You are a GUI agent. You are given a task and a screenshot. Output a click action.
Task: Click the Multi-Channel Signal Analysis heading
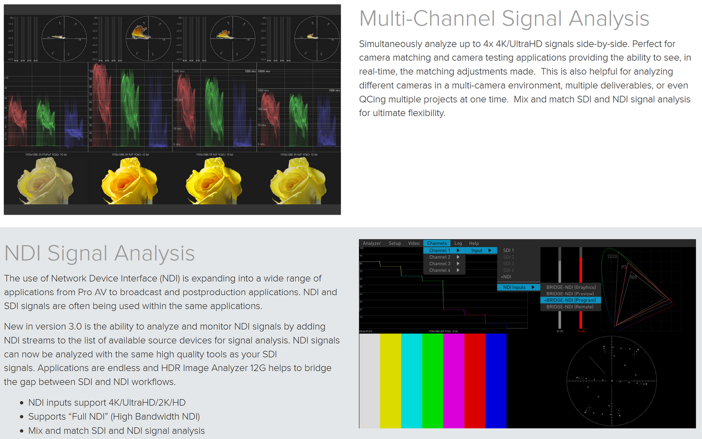coord(504,19)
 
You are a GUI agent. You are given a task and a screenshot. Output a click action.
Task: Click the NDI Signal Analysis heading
coord(99,253)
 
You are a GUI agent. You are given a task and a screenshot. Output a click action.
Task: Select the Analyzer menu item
coord(372,243)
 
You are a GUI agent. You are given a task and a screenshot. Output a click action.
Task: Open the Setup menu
coord(394,243)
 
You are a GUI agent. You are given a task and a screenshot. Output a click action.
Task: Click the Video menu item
coord(413,243)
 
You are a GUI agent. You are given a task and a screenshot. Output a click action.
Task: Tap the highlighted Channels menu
coord(437,243)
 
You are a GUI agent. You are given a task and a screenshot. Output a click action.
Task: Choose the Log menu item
coord(458,243)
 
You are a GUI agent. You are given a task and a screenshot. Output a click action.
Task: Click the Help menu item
coord(474,243)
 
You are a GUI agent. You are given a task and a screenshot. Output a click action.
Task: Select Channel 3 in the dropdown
coord(440,264)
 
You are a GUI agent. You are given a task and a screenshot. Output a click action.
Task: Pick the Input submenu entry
coord(477,251)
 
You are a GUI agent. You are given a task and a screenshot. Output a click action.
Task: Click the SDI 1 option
coord(508,251)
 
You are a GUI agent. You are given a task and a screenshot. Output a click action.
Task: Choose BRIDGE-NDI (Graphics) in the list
coord(571,287)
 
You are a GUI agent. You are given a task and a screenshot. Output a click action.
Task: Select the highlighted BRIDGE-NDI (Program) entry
coord(570,300)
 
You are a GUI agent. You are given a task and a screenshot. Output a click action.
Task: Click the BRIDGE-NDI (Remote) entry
coord(570,307)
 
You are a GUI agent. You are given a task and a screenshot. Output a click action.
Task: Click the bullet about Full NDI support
coord(114,417)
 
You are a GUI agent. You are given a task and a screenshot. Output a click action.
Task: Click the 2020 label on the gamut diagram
coord(612,256)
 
